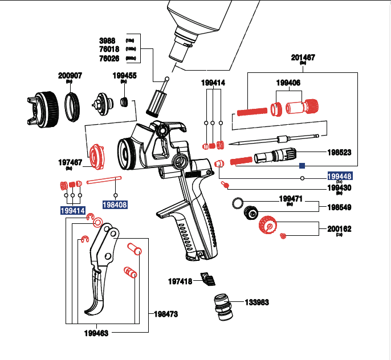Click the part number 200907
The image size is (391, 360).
70,75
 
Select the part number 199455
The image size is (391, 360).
124,75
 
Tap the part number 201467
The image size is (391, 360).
303,58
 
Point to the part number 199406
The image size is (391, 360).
288,83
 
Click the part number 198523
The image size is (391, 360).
339,153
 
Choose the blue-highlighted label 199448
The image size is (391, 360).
339,175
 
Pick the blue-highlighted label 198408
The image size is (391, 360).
115,204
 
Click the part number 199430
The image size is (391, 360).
339,187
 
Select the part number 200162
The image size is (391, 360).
339,229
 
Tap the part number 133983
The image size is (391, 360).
256,302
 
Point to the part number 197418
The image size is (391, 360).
180,281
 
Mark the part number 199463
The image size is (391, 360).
96,333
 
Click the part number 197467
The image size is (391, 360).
71,162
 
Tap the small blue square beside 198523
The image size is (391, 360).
303,166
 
